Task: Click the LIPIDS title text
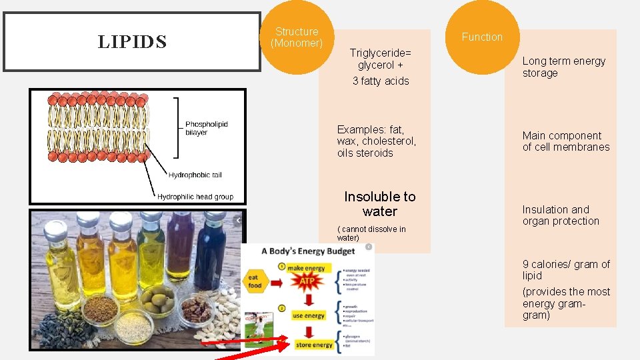tap(131, 42)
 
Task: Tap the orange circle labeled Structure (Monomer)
tap(297, 37)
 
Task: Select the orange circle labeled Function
tap(482, 37)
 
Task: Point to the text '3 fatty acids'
tap(381, 81)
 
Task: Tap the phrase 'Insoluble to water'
tap(379, 204)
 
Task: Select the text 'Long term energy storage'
tap(563, 67)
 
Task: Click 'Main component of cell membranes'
tap(565, 141)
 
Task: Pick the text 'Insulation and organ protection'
tap(560, 215)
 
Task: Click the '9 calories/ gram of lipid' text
tap(565, 270)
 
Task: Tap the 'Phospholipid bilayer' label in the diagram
tap(206, 128)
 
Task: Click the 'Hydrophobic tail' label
tap(195, 175)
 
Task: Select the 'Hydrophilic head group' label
tap(195, 197)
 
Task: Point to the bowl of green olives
tap(157, 301)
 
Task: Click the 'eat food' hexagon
tap(253, 282)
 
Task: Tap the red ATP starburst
tap(307, 281)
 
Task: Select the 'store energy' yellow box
tap(313, 345)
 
